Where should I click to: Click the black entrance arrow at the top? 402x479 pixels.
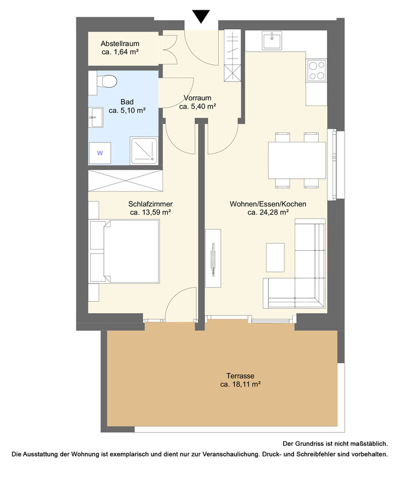(201, 16)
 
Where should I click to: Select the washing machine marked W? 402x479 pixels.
(100, 153)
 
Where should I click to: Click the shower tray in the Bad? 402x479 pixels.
(144, 151)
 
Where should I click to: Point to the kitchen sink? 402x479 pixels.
(272, 41)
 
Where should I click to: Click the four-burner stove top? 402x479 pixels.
(316, 70)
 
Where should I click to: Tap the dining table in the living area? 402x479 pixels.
(297, 160)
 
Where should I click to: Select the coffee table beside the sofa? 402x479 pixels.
(275, 257)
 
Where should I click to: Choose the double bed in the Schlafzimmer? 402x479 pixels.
(125, 251)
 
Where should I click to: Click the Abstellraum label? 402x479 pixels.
(120, 44)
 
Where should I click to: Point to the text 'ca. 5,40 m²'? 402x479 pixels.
(198, 107)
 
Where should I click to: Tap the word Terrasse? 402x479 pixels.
(240, 376)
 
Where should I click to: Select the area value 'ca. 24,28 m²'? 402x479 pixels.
(268, 212)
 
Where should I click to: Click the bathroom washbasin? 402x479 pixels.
(96, 117)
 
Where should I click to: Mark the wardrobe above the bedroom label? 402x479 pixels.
(125, 181)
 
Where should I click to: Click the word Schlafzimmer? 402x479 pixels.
(150, 204)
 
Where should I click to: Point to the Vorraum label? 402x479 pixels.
(198, 98)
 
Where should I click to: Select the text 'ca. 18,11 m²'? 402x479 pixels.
(241, 384)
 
